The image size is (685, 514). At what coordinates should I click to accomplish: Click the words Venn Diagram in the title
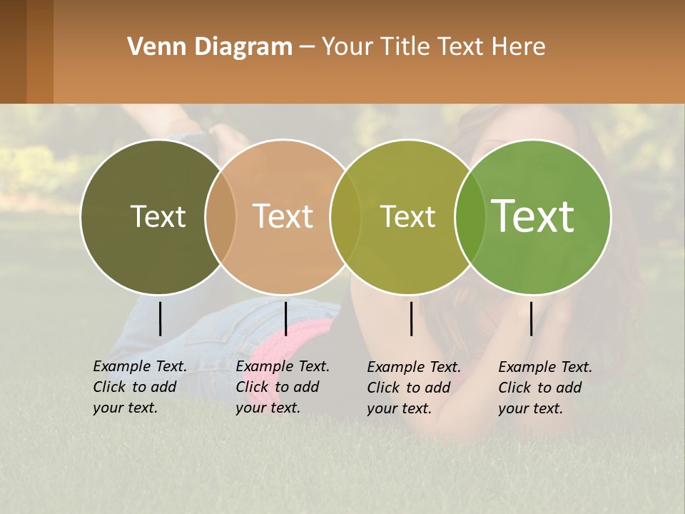[210, 47]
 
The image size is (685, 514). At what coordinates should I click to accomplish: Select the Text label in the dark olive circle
[158, 216]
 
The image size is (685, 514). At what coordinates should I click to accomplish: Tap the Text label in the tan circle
[283, 216]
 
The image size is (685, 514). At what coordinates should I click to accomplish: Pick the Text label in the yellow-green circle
[407, 216]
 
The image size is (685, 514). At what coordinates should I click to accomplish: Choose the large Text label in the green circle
[533, 216]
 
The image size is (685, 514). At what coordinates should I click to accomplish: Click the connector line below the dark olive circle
[160, 318]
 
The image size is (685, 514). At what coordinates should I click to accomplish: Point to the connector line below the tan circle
[285, 318]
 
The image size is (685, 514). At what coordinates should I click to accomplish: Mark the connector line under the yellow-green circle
[411, 318]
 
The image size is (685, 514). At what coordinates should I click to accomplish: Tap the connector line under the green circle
[531, 318]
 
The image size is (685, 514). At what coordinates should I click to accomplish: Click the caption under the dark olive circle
[140, 387]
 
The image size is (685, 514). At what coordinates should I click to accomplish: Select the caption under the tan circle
[283, 387]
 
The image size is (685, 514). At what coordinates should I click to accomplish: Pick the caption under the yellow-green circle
[414, 388]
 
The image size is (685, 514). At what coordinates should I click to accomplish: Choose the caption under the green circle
[545, 388]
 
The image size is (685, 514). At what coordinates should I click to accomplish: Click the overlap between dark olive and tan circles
[220, 217]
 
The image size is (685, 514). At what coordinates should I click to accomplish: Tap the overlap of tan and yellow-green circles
[345, 217]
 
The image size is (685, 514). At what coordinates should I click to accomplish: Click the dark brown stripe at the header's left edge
[13, 51]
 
